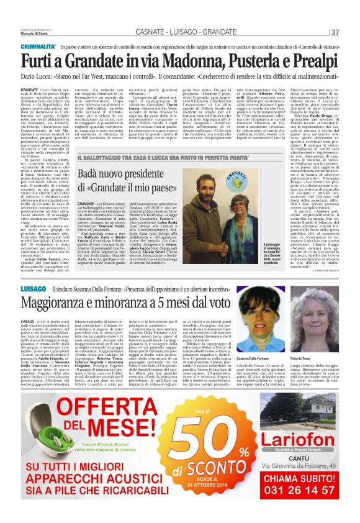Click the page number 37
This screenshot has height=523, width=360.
tap(335, 32)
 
